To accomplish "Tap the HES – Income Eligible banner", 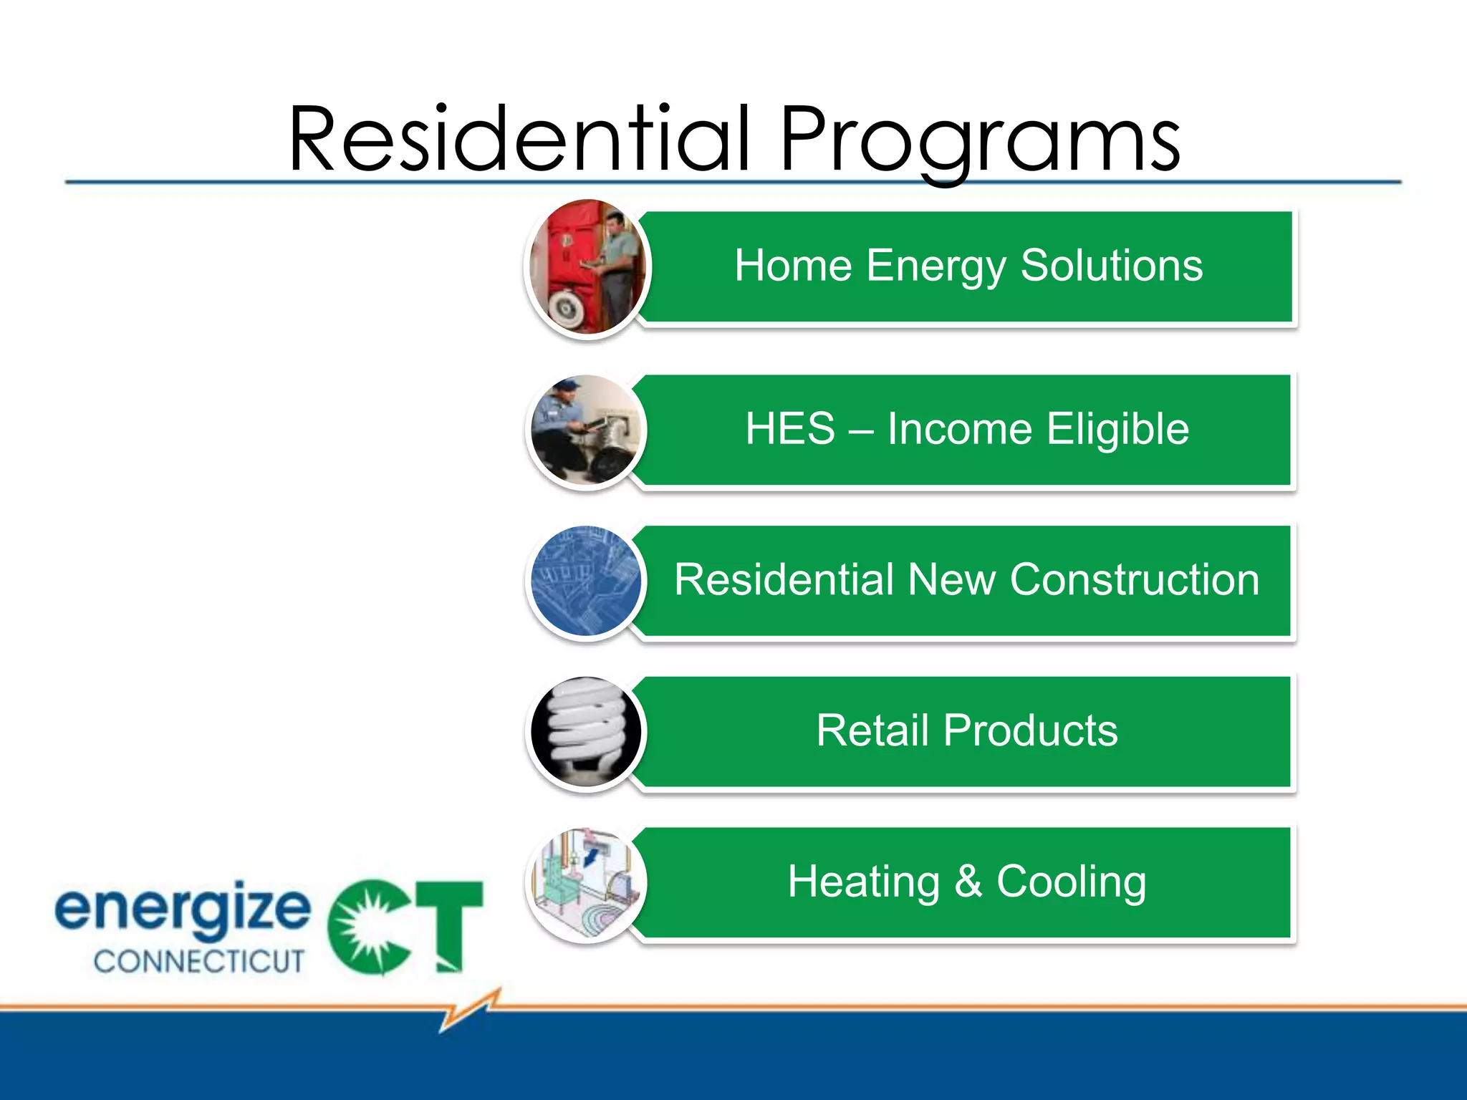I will [x=967, y=429].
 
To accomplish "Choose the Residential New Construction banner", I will [x=967, y=580].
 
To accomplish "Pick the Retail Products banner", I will [x=967, y=731].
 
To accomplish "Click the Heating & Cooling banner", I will [x=967, y=882].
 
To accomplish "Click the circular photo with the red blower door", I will [x=587, y=267].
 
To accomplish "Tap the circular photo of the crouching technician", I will [x=587, y=430].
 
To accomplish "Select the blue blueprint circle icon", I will [x=587, y=581].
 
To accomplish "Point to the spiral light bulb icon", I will [x=587, y=732].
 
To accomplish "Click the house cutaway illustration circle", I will [x=587, y=883].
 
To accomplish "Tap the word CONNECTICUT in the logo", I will [x=199, y=961].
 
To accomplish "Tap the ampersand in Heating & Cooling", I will [x=968, y=881].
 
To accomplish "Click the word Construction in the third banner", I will [x=1135, y=580].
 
